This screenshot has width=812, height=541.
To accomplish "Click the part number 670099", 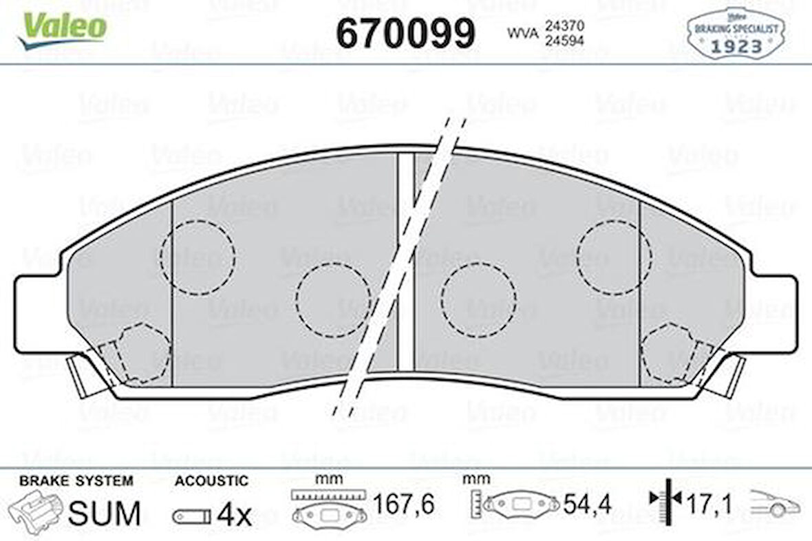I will pyautogui.click(x=405, y=32).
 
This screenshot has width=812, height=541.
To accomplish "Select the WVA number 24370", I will pyautogui.click(x=564, y=25).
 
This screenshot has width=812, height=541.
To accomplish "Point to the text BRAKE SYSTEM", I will pyautogui.click(x=76, y=481).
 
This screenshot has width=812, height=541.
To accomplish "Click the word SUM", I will pyautogui.click(x=105, y=513).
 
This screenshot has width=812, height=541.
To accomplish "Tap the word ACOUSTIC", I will pyautogui.click(x=211, y=481).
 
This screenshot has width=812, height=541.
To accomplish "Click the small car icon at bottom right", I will pyautogui.click(x=776, y=504).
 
